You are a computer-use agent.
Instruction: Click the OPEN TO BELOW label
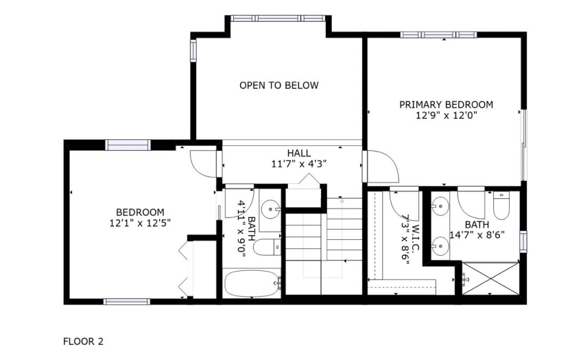[x=279, y=86]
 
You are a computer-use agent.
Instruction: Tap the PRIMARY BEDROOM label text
[x=447, y=104]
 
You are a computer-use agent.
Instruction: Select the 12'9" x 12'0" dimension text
[x=447, y=115]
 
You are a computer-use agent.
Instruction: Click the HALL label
[x=299, y=153]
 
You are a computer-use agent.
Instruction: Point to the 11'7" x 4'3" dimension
[x=299, y=164]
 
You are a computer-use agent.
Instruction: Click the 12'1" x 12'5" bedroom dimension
[x=140, y=223]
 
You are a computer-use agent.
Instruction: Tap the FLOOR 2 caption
[x=83, y=341]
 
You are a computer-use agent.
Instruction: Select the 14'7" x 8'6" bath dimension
[x=477, y=235]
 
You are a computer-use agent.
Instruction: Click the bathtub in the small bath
[x=252, y=283]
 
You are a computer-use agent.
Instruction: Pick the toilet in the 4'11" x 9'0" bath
[x=267, y=248]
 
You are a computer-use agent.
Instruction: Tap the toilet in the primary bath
[x=501, y=206]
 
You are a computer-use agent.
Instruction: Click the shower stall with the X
[x=490, y=278]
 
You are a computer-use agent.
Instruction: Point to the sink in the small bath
[x=270, y=210]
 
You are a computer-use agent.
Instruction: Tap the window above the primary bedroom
[x=439, y=35]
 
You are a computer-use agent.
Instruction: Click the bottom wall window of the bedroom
[x=127, y=302]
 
